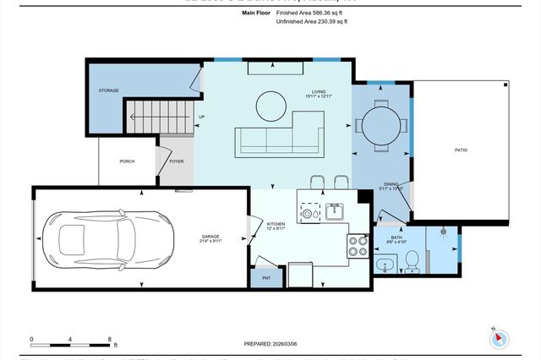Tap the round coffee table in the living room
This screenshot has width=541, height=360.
(x=271, y=106)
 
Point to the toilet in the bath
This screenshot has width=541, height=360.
(x=412, y=260)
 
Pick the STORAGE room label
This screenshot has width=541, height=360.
(x=108, y=90)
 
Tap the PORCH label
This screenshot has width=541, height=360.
(x=127, y=161)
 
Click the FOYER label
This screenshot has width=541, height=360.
(x=176, y=161)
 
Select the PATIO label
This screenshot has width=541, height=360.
(x=461, y=150)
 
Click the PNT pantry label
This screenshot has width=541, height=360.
(x=265, y=277)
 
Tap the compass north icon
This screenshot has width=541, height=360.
(x=499, y=338)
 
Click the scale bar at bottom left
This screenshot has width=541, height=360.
(x=72, y=342)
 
